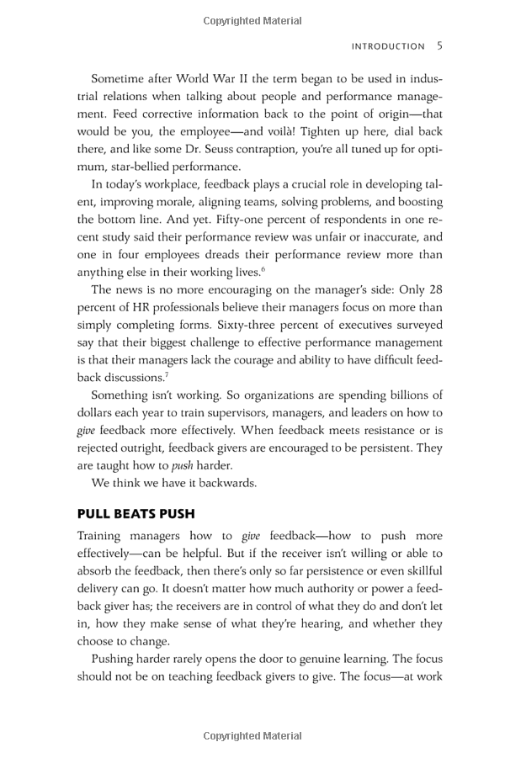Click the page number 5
[439, 46]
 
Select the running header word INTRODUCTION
[388, 47]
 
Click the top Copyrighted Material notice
[252, 21]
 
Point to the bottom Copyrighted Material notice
[252, 736]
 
